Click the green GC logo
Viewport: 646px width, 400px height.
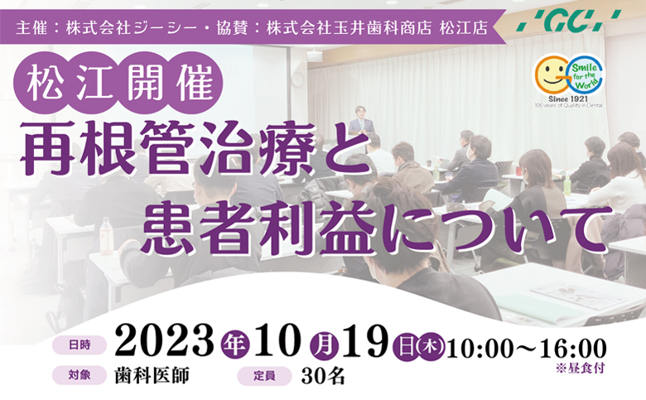568,21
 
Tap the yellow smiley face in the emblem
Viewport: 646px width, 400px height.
551,75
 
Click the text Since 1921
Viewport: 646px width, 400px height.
568,99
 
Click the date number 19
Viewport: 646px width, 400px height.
365,342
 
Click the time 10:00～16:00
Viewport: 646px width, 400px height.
527,348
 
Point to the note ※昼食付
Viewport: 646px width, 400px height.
580,368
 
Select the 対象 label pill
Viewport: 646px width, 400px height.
80,376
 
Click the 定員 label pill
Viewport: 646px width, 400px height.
264,376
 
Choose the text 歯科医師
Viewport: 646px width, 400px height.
152,376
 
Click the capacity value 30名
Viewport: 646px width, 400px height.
323,376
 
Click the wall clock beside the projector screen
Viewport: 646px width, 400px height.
297,80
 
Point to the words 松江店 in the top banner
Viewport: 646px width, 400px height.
464,28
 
